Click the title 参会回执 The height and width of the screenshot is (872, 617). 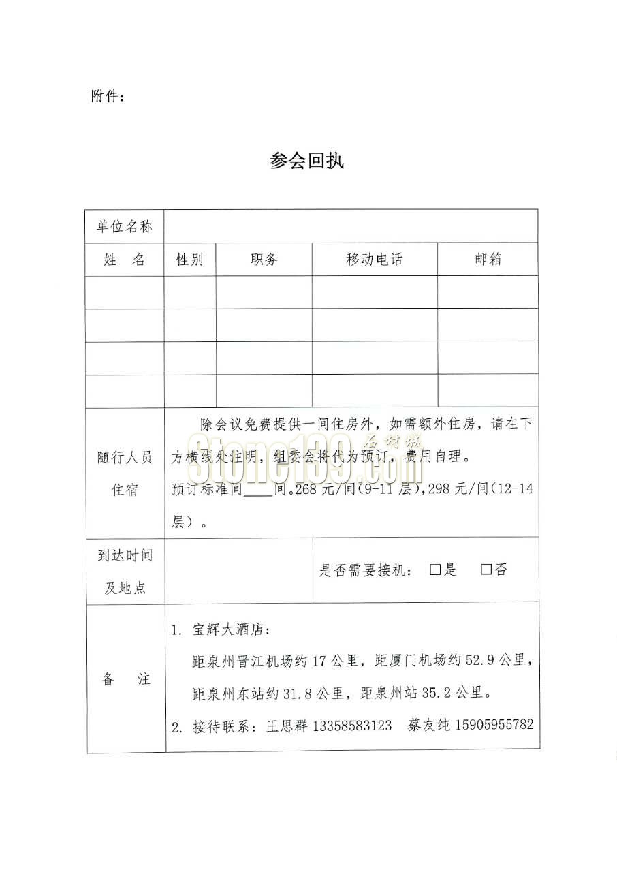(307, 161)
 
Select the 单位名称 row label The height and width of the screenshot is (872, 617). (125, 227)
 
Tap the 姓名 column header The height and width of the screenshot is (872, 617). (125, 260)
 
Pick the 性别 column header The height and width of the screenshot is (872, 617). (190, 260)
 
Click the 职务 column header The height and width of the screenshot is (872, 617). (264, 260)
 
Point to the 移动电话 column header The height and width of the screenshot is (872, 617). (374, 260)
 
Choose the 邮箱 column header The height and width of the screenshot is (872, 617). (488, 260)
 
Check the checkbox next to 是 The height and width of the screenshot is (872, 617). (435, 570)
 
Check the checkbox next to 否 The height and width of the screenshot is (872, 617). (486, 570)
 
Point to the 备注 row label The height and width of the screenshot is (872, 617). (125, 679)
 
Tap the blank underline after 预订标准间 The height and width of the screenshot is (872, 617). (258, 490)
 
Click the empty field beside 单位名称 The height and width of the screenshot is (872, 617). (351, 227)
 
